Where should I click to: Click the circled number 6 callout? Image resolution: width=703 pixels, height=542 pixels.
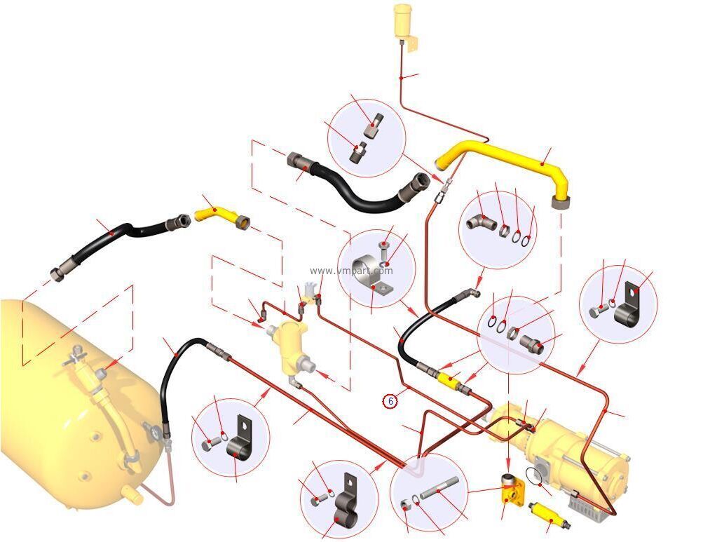(x=390, y=400)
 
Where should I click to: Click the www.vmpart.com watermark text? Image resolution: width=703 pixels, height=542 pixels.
(x=351, y=271)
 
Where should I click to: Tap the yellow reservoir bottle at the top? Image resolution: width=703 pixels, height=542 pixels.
(x=402, y=21)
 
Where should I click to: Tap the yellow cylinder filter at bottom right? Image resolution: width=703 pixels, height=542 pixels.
(x=548, y=515)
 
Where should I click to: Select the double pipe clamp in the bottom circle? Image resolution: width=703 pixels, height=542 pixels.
(x=346, y=503)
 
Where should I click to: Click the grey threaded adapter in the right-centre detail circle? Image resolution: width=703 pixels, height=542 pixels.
(x=532, y=343)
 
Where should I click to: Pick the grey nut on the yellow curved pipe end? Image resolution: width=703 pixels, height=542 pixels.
(x=561, y=201)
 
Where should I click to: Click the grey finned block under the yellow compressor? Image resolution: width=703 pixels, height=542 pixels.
(x=588, y=506)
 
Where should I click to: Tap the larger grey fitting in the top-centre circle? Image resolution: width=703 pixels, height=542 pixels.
(x=374, y=125)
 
